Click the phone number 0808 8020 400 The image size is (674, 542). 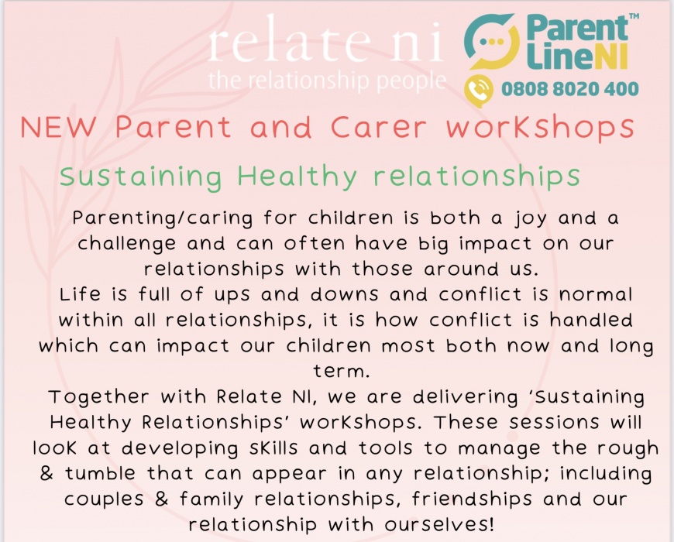tap(570, 89)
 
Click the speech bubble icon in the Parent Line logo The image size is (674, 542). tap(491, 41)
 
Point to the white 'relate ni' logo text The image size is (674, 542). tap(325, 39)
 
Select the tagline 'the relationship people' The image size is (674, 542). tap(327, 81)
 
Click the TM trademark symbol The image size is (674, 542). tap(634, 16)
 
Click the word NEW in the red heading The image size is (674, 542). tap(58, 127)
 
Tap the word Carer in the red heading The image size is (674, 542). tap(379, 127)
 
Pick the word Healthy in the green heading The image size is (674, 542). tap(297, 176)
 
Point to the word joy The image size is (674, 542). tap(531, 218)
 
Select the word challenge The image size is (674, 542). tap(126, 244)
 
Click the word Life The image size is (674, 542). tap(80, 294)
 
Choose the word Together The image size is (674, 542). tap(99, 397)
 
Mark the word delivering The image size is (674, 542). tap(466, 397)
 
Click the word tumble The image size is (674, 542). tap(100, 474)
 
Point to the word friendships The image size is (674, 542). tap(472, 499)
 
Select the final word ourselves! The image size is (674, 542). tap(439, 525)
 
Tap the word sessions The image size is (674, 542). tap(554, 423)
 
